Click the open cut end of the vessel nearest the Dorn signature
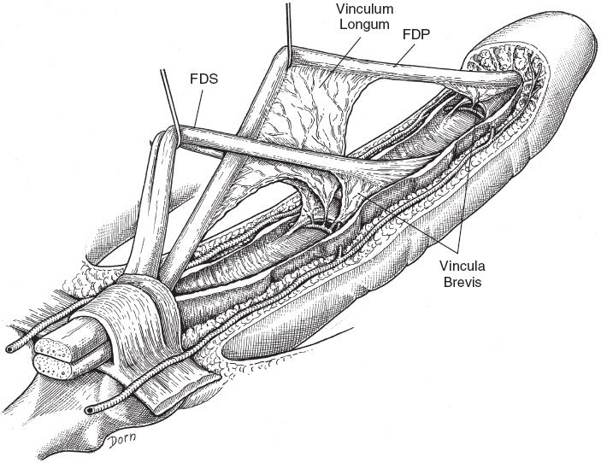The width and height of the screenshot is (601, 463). (90, 410)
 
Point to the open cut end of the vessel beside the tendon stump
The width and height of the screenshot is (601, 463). (9, 349)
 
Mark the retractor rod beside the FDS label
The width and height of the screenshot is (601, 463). (167, 98)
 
